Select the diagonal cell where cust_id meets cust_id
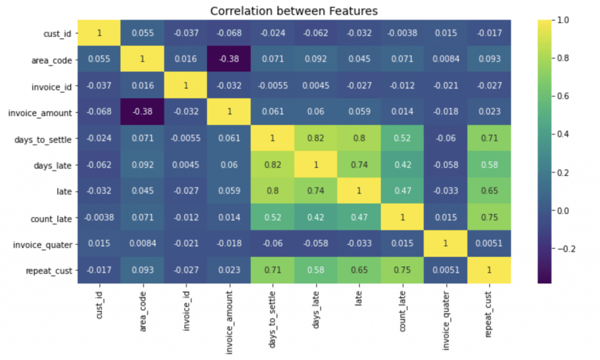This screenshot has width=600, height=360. tap(100, 33)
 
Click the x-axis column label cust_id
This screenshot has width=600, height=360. tap(100, 305)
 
